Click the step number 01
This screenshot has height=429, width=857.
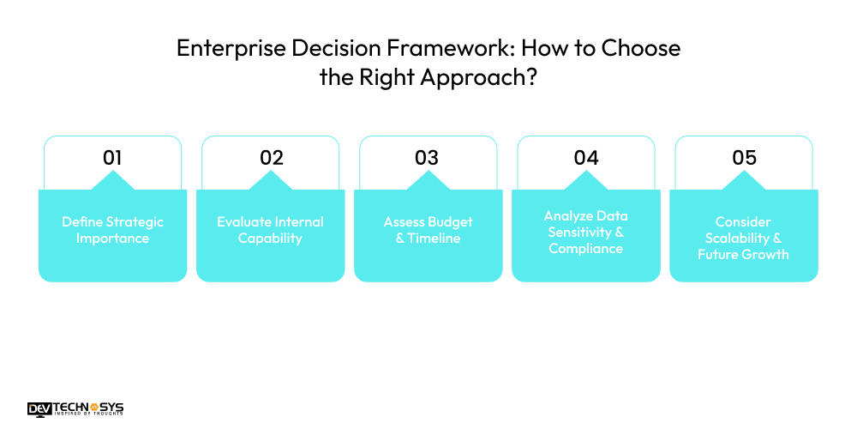pos(112,158)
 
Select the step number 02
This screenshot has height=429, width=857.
pos(271,158)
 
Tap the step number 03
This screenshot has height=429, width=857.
pos(427,158)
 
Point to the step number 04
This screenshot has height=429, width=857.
pos(586,158)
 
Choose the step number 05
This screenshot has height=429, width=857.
pos(744,158)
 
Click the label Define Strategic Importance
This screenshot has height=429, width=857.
pos(112,230)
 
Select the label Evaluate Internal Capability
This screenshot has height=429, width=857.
pos(270,230)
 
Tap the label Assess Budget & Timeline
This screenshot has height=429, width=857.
pos(428,230)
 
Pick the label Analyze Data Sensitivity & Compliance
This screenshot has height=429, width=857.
pos(586,232)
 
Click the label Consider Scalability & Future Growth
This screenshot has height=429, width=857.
pos(743,238)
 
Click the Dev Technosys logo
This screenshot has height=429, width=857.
pos(75,409)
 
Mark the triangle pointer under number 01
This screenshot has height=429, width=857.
pos(112,181)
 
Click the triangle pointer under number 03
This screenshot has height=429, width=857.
pos(428,181)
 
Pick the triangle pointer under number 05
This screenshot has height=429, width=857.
pos(743,181)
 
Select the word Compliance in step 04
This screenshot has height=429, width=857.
pos(586,249)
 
